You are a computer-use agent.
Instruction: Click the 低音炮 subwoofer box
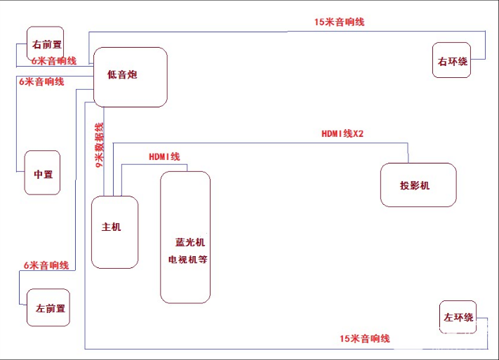click(x=131, y=76)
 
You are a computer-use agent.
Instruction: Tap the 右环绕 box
click(x=451, y=60)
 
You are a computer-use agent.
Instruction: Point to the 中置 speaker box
click(x=42, y=173)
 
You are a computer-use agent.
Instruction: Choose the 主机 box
click(x=114, y=232)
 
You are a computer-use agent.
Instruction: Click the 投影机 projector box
click(x=418, y=185)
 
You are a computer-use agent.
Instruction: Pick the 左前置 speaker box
click(x=48, y=307)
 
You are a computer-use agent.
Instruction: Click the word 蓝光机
click(x=189, y=243)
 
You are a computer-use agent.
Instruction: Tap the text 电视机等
click(x=186, y=260)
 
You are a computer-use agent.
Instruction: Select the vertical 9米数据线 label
click(x=100, y=145)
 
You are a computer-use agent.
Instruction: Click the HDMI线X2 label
click(x=342, y=133)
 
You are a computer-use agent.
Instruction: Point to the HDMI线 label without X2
click(x=164, y=156)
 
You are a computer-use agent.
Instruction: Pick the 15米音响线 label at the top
click(x=339, y=22)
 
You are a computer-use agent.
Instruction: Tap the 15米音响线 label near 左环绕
click(x=364, y=339)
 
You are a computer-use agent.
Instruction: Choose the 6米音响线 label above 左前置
click(x=46, y=266)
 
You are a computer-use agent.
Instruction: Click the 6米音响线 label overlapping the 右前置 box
click(x=53, y=61)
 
